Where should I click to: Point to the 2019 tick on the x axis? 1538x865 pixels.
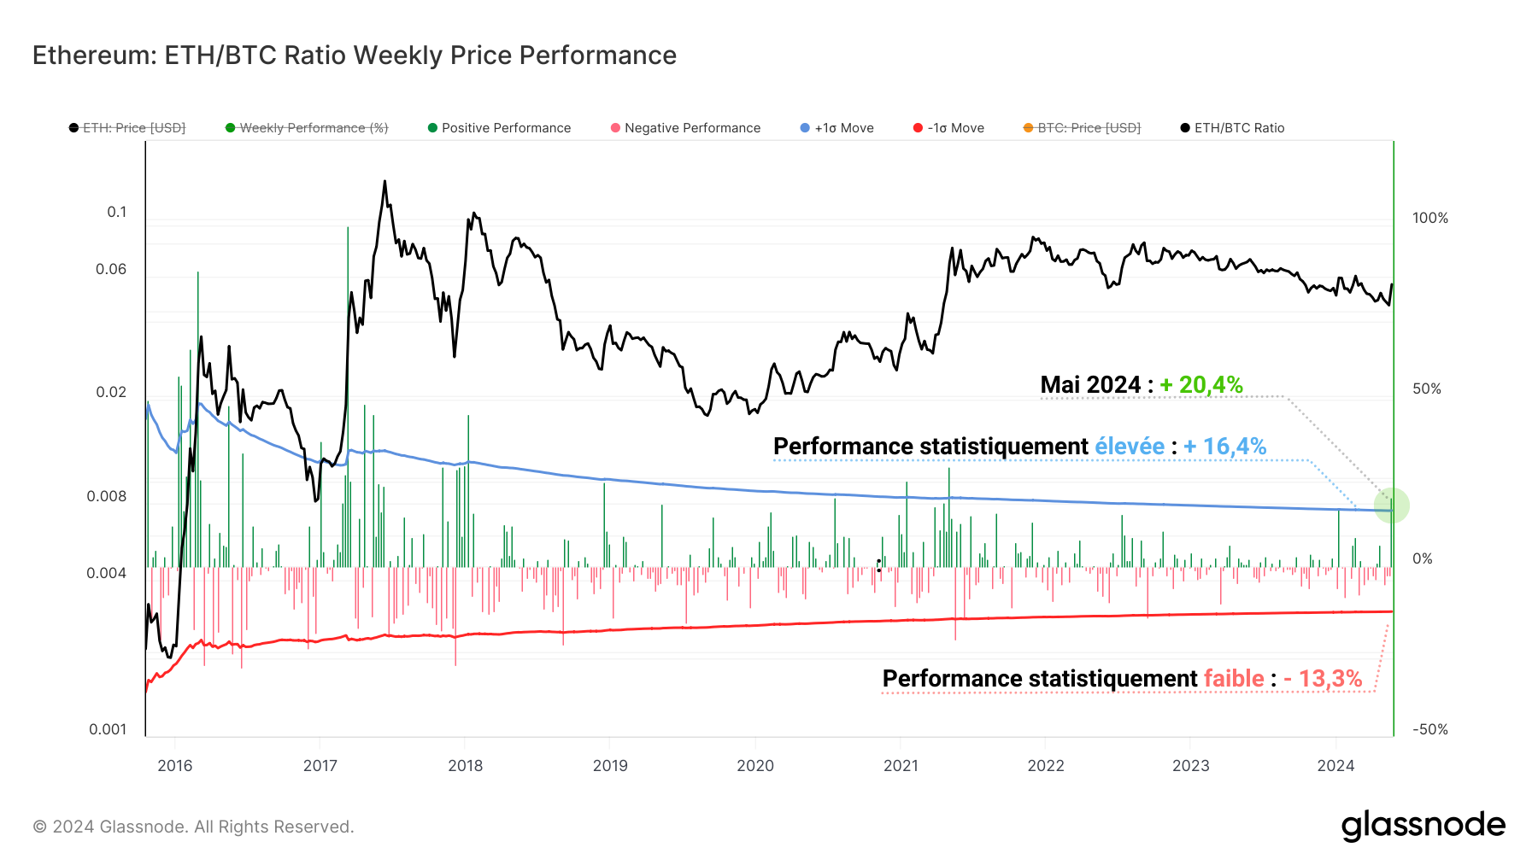[610, 765]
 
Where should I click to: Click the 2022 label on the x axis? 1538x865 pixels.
[1046, 765]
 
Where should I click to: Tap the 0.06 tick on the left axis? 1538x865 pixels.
[111, 269]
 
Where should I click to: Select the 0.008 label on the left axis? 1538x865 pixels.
[107, 496]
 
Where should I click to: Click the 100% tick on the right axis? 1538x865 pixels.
[1429, 218]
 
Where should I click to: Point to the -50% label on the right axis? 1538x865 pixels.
[1429, 729]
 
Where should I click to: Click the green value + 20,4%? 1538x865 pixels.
[1200, 385]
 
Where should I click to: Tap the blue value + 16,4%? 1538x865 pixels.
[1224, 447]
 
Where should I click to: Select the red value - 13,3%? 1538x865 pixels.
[1323, 679]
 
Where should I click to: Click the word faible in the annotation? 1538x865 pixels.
[1234, 679]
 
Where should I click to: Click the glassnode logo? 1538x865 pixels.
[1423, 826]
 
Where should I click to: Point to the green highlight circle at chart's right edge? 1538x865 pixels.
[1391, 506]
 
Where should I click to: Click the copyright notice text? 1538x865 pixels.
[193, 827]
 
